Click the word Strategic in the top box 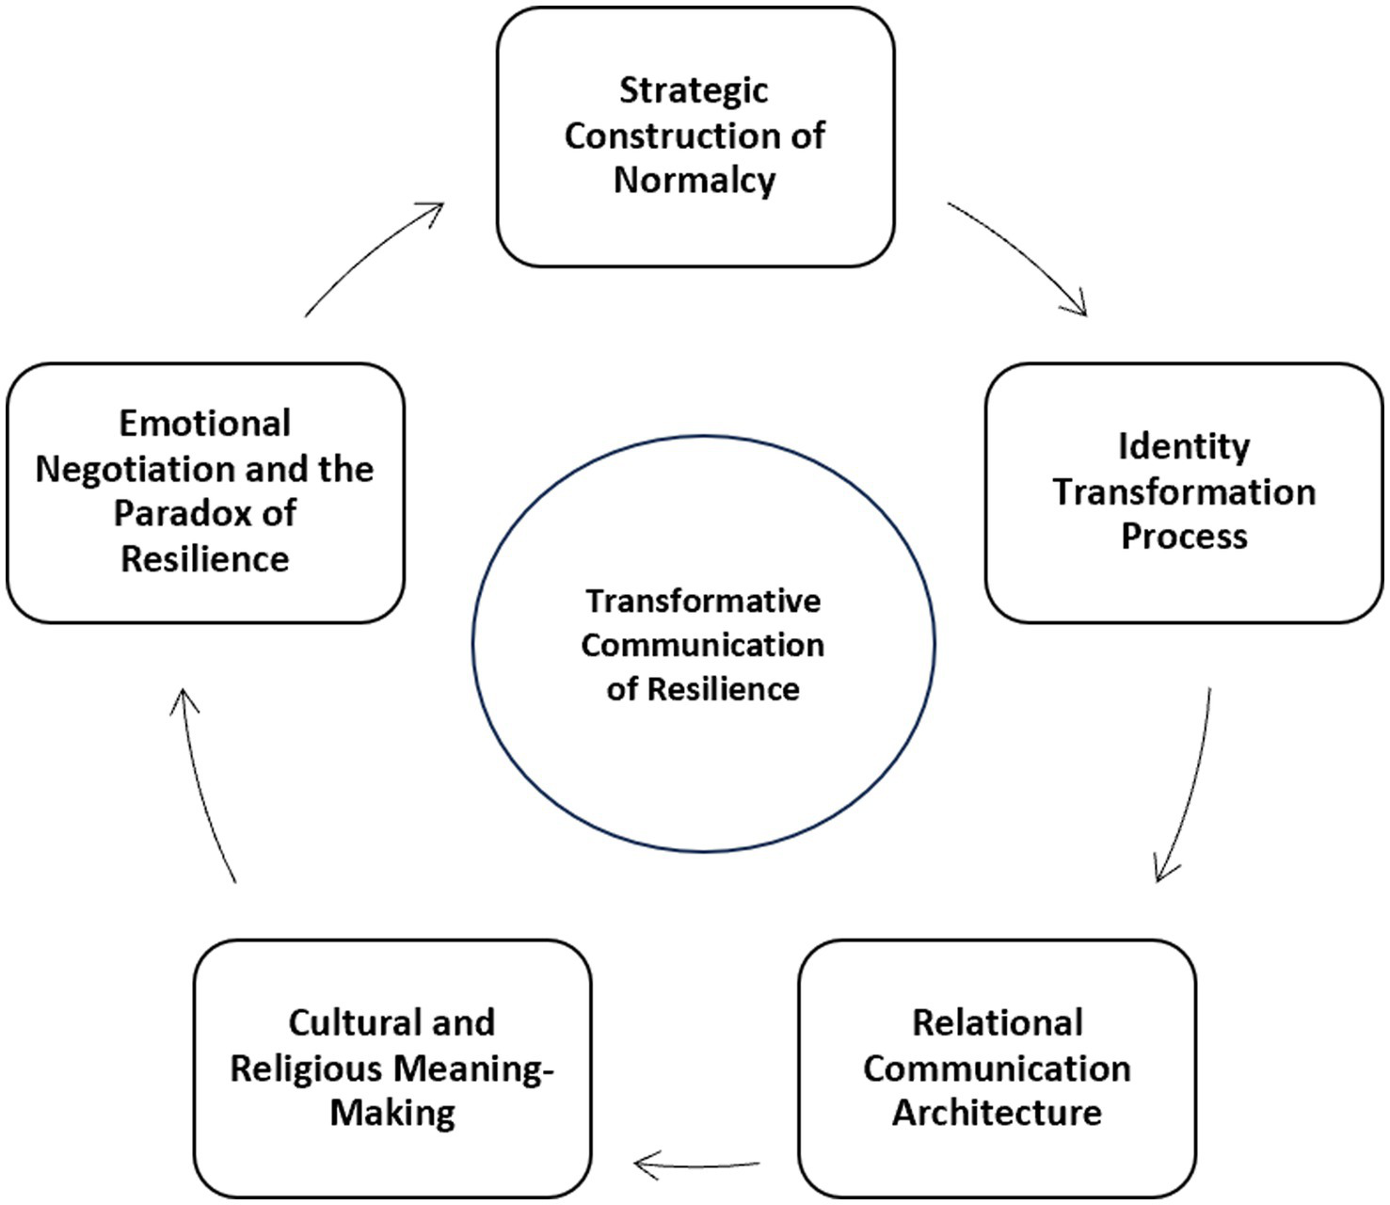[694, 91]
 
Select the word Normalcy [695, 180]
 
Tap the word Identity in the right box [1184, 446]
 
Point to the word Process [1184, 537]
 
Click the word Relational [998, 1022]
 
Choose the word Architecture [997, 1113]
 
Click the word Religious [306, 1068]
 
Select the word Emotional [204, 424]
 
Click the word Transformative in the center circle [703, 601]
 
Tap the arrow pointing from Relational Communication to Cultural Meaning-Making [696, 1165]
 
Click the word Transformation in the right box [1184, 491]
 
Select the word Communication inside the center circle [703, 646]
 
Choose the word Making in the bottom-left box [392, 1114]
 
